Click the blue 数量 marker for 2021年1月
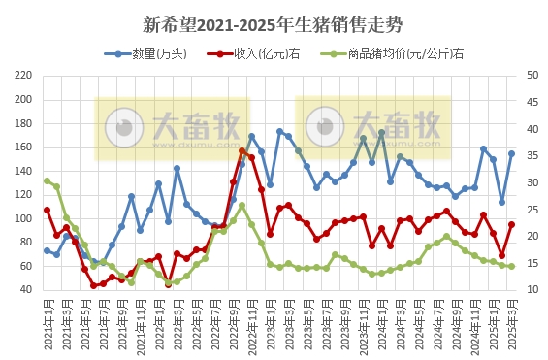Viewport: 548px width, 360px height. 47,250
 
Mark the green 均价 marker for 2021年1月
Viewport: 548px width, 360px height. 47,180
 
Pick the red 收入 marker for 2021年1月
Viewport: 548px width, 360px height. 47,210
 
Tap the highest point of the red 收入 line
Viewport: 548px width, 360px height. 242,151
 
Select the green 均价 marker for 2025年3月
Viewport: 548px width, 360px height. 511,266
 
